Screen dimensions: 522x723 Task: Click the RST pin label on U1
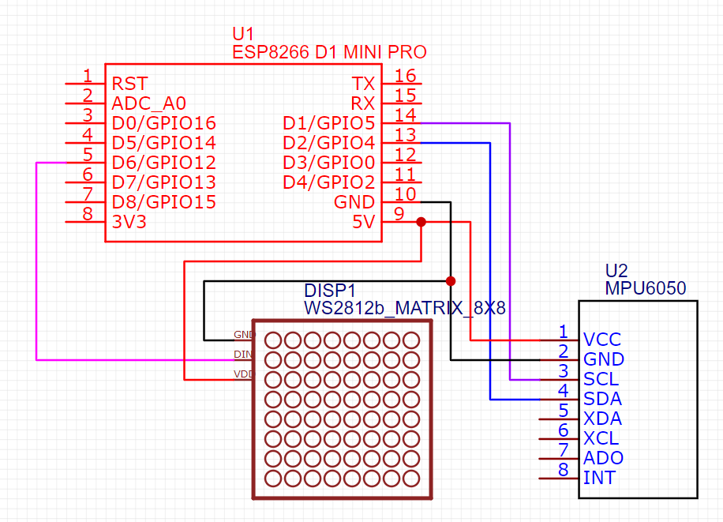coord(129,84)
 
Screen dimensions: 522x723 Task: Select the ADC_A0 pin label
coord(149,103)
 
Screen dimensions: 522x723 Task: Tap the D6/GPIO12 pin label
coord(163,163)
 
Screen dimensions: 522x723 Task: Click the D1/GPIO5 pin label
coord(328,123)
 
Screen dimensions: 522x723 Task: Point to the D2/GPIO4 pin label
coord(328,143)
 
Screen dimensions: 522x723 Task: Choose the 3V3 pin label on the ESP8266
coord(129,222)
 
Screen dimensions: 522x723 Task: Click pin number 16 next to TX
coord(405,76)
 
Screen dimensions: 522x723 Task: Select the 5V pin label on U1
coord(363,222)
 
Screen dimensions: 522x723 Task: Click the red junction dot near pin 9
coord(421,222)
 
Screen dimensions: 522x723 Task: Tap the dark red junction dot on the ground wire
coord(451,281)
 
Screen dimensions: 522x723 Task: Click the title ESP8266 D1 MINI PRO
coord(329,52)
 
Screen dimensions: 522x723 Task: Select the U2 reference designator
coord(616,270)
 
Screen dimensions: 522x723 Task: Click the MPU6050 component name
coord(645,288)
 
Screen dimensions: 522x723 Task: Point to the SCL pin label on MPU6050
coord(601,379)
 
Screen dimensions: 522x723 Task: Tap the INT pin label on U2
coord(599,478)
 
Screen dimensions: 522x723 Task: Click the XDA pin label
coord(602,419)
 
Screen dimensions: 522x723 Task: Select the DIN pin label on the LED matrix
coord(243,354)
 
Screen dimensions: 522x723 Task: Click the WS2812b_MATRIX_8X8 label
coord(404,307)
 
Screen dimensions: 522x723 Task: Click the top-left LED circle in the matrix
coord(273,340)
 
